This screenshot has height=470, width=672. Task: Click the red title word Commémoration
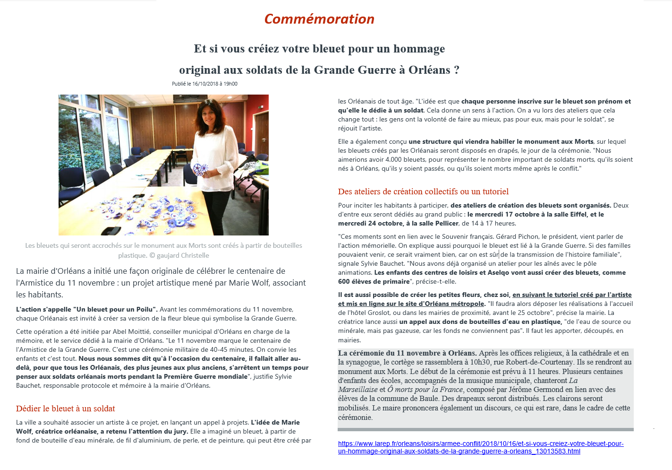[x=319, y=19]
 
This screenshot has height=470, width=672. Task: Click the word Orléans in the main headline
[x=429, y=70]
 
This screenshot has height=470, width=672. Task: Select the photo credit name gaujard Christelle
[x=183, y=255]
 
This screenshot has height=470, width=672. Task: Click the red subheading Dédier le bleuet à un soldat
[x=66, y=409]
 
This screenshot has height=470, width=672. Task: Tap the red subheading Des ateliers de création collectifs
[x=423, y=191]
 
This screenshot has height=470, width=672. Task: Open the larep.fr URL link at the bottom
[x=481, y=447]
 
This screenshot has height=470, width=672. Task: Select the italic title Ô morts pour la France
[x=425, y=390]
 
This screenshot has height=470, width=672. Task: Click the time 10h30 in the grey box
[x=480, y=362]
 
